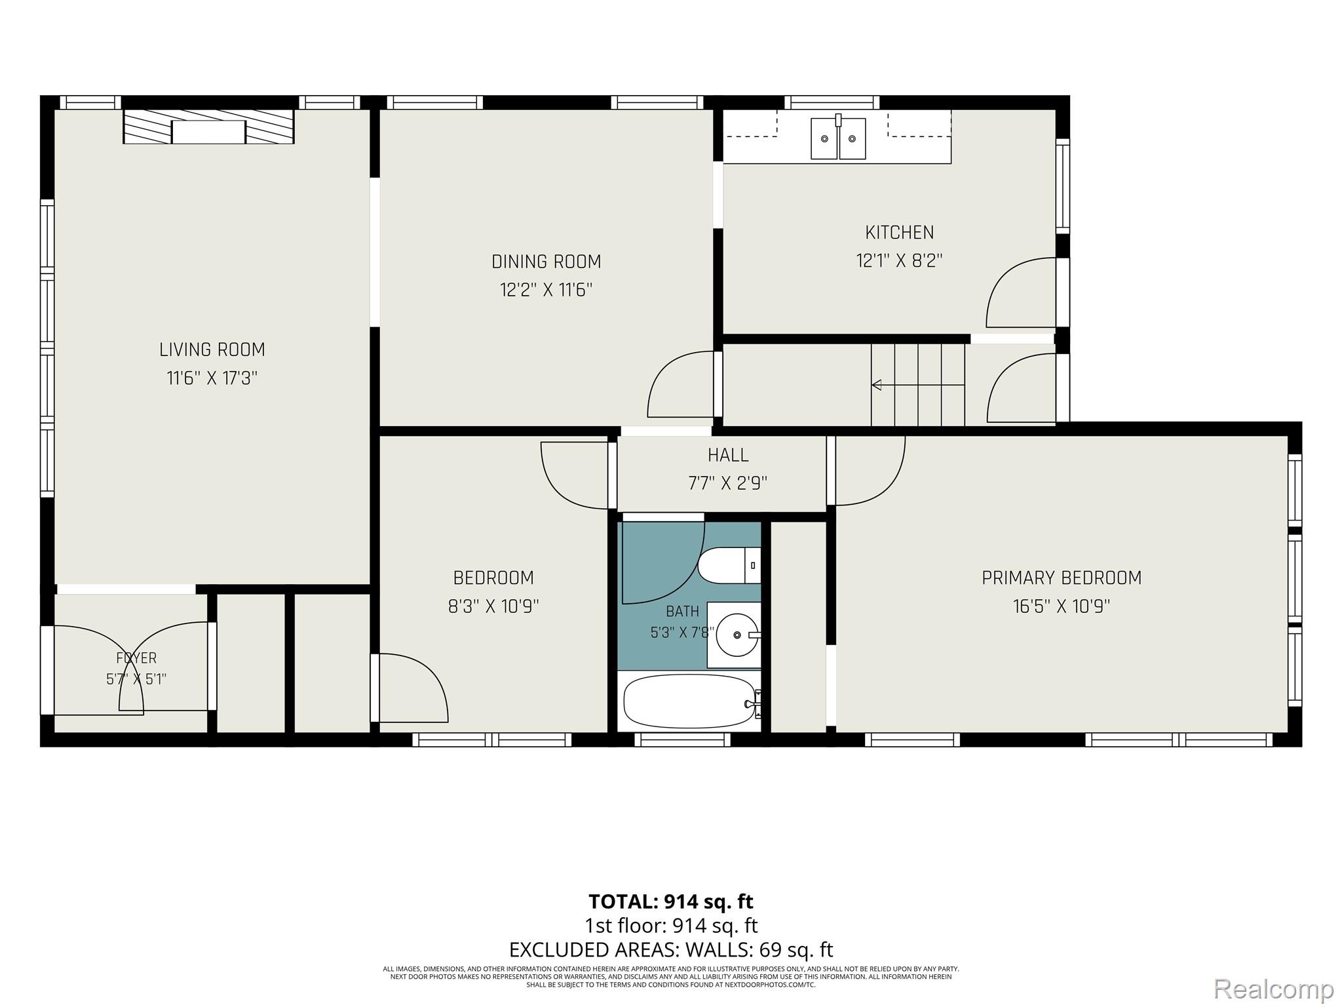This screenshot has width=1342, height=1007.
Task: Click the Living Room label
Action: (x=212, y=349)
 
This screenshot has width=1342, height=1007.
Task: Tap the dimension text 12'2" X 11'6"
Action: (x=546, y=290)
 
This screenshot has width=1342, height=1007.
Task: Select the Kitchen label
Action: (x=900, y=232)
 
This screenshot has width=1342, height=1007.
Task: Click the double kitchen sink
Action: (x=838, y=138)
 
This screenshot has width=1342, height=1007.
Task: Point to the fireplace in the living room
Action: (x=208, y=127)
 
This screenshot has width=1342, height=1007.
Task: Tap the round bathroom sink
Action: (x=737, y=635)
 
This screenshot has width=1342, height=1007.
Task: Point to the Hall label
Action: (x=728, y=454)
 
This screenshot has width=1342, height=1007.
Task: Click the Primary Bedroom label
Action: (x=1062, y=578)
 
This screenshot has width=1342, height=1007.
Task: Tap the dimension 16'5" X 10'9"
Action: (x=1062, y=606)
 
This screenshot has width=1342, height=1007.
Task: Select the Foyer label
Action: (x=136, y=658)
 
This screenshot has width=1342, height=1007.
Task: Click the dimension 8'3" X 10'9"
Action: (x=493, y=606)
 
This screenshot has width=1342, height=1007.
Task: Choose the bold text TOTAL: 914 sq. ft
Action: (x=671, y=901)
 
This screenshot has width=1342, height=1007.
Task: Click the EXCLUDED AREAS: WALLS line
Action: (x=671, y=949)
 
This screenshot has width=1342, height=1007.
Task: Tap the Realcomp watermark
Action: (x=1274, y=989)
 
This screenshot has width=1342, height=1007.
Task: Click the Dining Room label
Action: (x=546, y=262)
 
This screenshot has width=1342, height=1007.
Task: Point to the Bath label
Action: (x=682, y=612)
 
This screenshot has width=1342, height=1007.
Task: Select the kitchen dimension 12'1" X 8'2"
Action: (x=900, y=261)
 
